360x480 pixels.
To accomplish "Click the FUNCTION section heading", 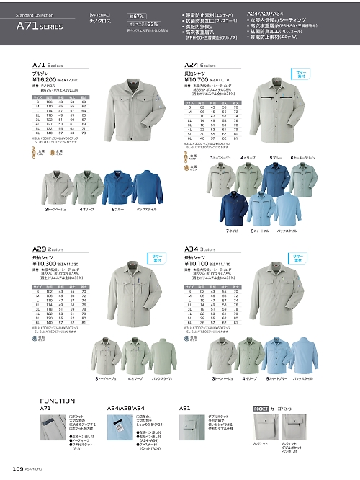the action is [58, 400].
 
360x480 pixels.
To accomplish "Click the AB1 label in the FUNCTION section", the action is [184, 409].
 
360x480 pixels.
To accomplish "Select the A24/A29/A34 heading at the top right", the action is [268, 12].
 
